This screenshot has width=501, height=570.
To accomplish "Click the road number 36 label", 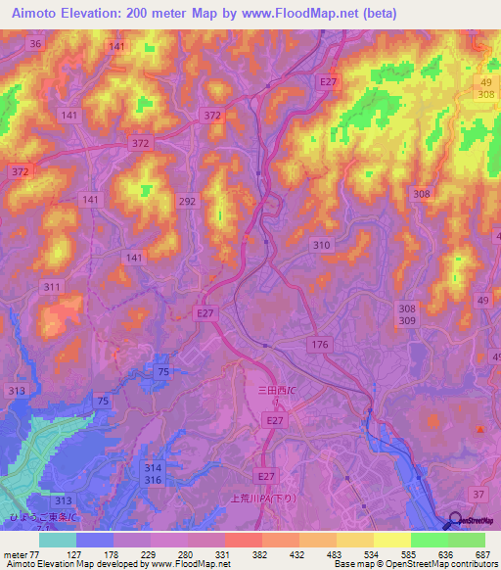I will click(x=36, y=45).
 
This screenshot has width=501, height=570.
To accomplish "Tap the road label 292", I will click(x=189, y=201).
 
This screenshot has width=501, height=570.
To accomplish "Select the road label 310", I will click(x=320, y=244).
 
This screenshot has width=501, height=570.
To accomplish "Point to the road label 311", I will click(x=52, y=287).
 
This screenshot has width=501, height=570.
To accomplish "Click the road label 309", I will click(x=407, y=320).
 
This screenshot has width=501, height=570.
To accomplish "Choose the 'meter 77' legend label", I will click(x=22, y=554).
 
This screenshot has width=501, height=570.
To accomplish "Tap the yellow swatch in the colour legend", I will click(x=391, y=540).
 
